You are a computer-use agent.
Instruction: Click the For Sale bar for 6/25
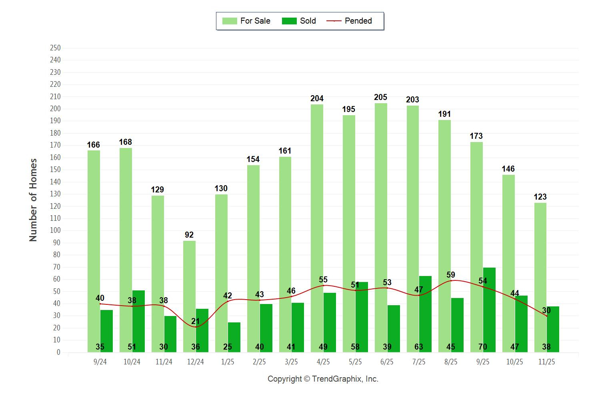(x=381, y=228)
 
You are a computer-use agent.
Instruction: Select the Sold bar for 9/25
(x=489, y=310)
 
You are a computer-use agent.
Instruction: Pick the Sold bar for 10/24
(x=138, y=320)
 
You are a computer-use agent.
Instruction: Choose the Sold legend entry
(x=299, y=21)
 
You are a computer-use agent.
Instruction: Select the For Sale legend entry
(x=246, y=21)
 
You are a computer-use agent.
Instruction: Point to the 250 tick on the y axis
(x=55, y=48)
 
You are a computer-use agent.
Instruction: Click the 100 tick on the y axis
(x=55, y=230)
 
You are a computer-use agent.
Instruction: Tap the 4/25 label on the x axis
(x=323, y=362)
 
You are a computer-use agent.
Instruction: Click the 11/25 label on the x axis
(x=546, y=362)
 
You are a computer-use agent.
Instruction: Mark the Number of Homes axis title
(x=33, y=200)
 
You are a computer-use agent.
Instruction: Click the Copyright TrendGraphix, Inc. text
(x=323, y=379)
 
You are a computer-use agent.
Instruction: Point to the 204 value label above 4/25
(x=317, y=98)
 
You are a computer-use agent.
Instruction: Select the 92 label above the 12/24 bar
(x=189, y=235)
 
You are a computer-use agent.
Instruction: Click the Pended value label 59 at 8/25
(x=451, y=275)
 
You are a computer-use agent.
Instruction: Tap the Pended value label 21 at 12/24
(x=195, y=321)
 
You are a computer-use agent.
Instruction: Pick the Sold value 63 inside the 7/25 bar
(x=419, y=347)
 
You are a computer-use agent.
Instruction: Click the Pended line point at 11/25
(x=546, y=316)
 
